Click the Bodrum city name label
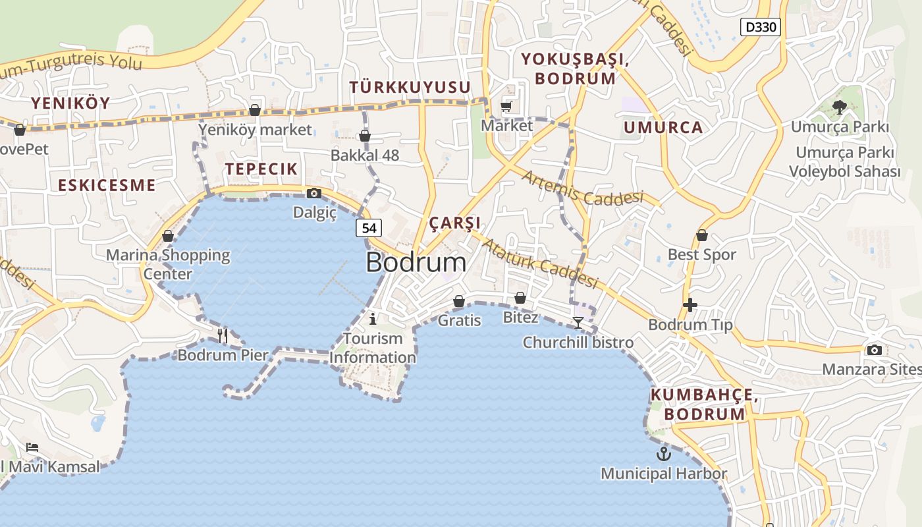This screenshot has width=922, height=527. (416, 262)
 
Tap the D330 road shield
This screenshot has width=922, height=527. (761, 27)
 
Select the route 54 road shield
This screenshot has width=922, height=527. (369, 228)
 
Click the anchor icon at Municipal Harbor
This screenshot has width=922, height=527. (663, 453)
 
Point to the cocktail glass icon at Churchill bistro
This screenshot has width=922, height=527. (578, 322)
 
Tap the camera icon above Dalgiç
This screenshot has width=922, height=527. (314, 193)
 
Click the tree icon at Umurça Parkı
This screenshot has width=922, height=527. (839, 107)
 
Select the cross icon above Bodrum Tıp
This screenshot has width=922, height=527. (690, 305)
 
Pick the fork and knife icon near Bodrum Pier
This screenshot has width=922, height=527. (223, 335)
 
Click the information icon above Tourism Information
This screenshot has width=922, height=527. (373, 319)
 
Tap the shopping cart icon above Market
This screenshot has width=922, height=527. (506, 106)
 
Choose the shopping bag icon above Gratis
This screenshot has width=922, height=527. (459, 301)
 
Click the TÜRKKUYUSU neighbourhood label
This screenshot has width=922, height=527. (410, 87)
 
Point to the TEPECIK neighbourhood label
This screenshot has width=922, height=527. (261, 169)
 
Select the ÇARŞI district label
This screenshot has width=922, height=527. (455, 223)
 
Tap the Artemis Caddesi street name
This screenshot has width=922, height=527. (582, 188)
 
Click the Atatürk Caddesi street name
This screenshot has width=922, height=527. (540, 263)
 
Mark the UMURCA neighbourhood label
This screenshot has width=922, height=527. (663, 128)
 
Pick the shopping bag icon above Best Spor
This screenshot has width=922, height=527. (702, 235)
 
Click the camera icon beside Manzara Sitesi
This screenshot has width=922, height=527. (875, 350)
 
